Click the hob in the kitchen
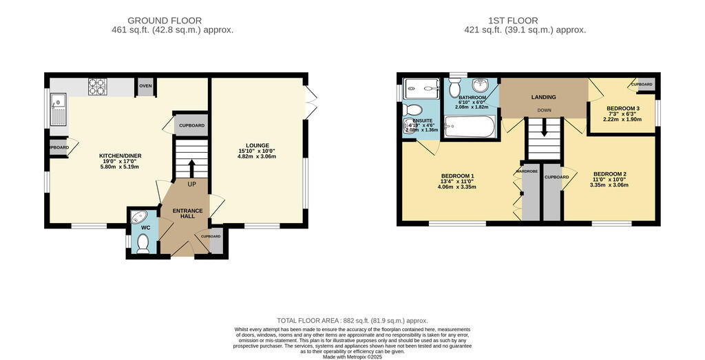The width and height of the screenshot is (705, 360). coord(96,87)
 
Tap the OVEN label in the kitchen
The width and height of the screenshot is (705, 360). coord(145,86)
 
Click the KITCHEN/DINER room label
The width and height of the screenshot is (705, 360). coord(120,156)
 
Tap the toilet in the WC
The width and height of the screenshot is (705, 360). coord(143,242)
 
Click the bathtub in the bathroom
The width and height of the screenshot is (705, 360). coord(469,127)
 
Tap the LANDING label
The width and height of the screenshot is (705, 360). coord(543,97)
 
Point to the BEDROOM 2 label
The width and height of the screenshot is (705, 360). coord(610,173)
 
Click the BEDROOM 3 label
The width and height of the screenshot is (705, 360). coord(623,109)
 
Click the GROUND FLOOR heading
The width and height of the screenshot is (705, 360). coord(165,21)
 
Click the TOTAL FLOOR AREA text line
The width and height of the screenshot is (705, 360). coord(352,321)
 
